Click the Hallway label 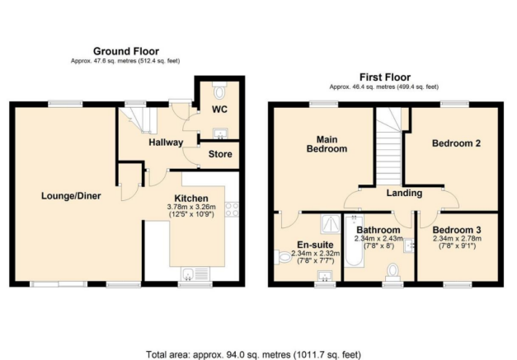[x=165, y=142]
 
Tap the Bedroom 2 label [x=456, y=143]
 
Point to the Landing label [x=403, y=193]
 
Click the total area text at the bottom [x=253, y=354]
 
